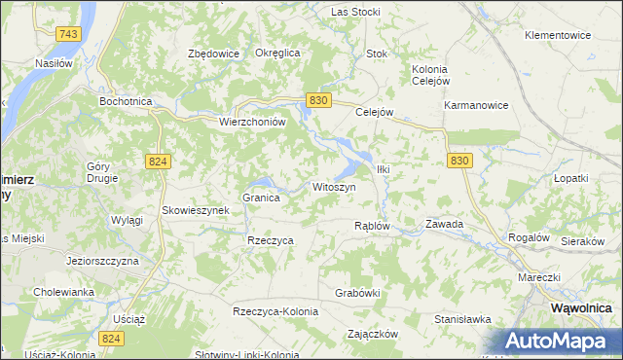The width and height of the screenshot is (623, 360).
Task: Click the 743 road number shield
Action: pyautogui.click(x=67, y=34)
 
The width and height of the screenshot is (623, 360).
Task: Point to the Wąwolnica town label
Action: pyautogui.click(x=581, y=307)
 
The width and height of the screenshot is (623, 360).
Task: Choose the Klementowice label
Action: pyautogui.click(x=558, y=35)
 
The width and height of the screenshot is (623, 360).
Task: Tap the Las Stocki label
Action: pyautogui.click(x=355, y=12)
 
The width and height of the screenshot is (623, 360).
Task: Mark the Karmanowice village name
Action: pyautogui.click(x=476, y=105)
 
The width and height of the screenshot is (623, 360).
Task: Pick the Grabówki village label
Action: pyautogui.click(x=356, y=292)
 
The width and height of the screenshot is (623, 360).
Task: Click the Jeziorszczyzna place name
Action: pyautogui.click(x=103, y=262)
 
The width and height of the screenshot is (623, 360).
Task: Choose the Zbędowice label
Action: pyautogui.click(x=213, y=54)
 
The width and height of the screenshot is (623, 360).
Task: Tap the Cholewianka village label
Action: pyautogui.click(x=63, y=291)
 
